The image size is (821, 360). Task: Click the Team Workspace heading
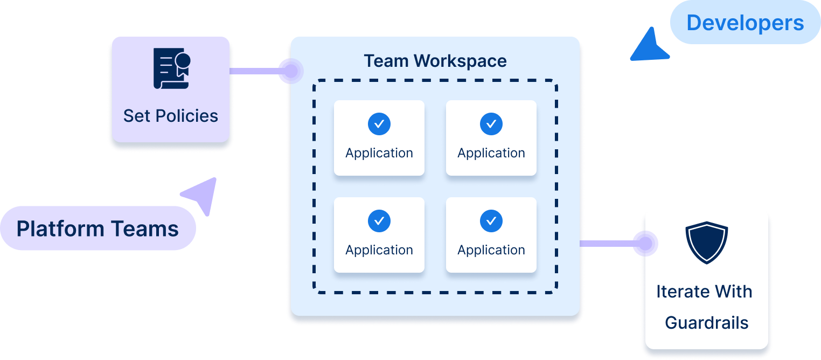435,61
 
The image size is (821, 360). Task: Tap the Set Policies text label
170,116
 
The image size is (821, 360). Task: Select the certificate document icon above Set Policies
171,68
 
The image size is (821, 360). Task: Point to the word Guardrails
706,323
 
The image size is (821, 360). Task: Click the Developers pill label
745,23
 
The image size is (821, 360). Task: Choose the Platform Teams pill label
98,229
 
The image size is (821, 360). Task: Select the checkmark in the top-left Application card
379,124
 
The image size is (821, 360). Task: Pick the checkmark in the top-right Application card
491,124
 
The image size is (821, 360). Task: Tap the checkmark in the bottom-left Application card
379,221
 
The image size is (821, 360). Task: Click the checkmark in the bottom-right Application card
491,221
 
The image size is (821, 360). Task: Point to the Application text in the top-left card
379,153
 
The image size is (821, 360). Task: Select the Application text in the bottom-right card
491,250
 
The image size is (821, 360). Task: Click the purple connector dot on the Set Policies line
289,71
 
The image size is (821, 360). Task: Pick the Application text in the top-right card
491,153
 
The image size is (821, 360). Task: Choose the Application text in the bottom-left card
379,250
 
